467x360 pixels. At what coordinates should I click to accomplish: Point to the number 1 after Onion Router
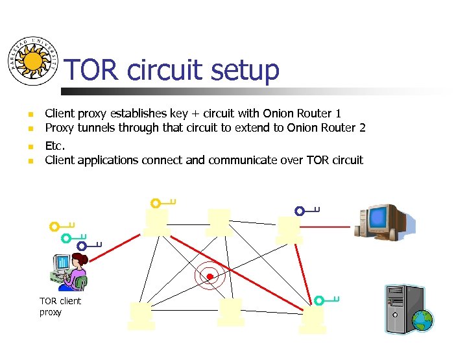tap(337, 114)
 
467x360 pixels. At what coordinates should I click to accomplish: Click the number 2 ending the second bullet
tap(362, 127)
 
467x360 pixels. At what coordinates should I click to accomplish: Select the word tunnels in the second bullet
tap(97, 127)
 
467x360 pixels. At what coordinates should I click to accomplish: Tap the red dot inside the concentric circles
tap(210, 277)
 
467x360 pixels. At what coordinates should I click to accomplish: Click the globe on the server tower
tap(423, 319)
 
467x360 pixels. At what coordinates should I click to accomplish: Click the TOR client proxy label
tap(60, 306)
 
